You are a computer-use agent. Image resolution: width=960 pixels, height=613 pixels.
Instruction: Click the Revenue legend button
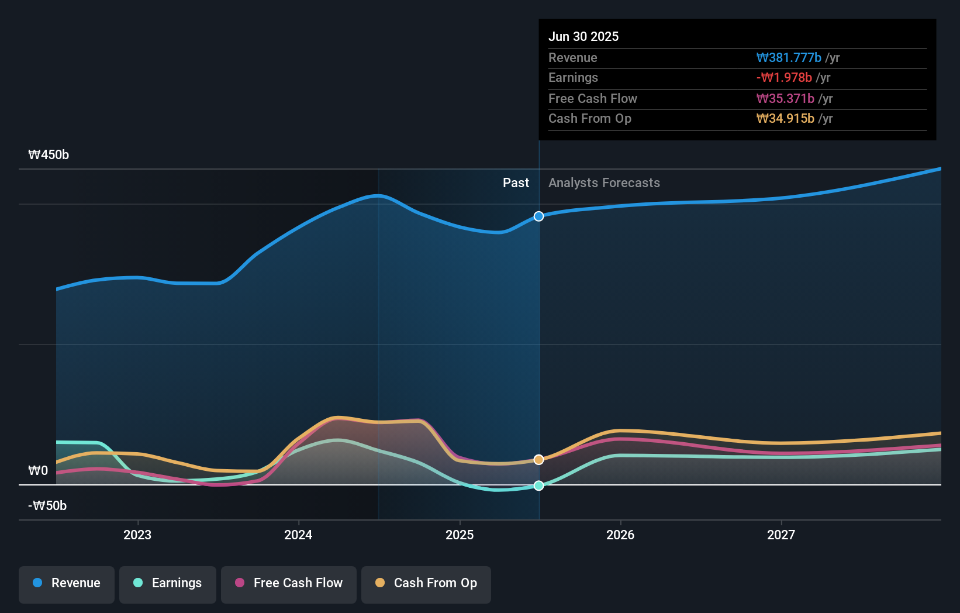(67, 584)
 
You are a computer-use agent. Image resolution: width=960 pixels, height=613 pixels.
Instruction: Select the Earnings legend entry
(168, 584)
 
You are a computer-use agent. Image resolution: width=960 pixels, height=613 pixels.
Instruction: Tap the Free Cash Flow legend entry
(289, 584)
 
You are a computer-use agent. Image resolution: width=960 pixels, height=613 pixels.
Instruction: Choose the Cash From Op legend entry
(426, 584)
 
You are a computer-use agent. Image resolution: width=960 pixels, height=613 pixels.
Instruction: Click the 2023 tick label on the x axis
(137, 535)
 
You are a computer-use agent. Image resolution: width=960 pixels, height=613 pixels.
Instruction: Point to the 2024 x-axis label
(298, 535)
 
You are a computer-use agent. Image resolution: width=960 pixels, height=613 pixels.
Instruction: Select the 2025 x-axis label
(460, 535)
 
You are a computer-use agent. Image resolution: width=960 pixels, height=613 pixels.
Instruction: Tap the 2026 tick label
(620, 535)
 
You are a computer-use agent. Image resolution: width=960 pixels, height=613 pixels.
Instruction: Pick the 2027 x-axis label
(781, 535)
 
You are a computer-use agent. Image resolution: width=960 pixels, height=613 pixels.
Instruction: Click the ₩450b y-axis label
(49, 155)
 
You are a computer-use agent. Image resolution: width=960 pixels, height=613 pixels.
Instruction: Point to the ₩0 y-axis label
(38, 471)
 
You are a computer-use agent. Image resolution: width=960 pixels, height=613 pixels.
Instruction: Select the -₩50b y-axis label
(47, 506)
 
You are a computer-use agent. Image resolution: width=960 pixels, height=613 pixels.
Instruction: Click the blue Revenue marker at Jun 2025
(538, 216)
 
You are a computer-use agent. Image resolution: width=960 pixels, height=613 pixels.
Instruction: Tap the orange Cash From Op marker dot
(538, 460)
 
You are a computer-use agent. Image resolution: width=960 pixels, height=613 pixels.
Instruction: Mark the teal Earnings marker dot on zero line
(538, 485)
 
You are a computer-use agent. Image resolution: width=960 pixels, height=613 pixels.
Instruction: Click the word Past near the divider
(516, 183)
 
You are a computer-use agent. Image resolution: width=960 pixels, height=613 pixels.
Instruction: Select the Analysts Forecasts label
(604, 183)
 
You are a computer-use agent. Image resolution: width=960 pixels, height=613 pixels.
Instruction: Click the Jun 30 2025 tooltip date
(583, 37)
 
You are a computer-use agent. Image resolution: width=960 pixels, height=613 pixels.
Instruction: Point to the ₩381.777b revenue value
(789, 58)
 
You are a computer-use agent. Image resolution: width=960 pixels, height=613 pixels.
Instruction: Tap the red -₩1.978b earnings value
(784, 78)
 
